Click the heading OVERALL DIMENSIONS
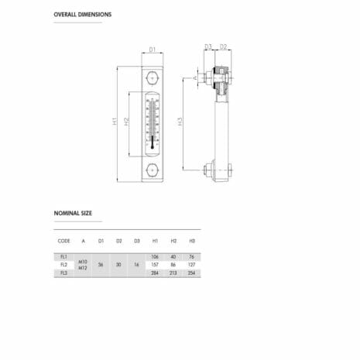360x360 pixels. click(83, 15)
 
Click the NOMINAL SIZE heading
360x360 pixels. click(73, 212)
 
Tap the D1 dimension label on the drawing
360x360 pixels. click(153, 50)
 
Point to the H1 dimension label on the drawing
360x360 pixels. click(115, 121)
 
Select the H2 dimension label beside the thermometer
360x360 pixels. click(128, 122)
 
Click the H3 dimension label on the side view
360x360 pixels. click(180, 122)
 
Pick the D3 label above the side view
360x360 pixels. click(208, 46)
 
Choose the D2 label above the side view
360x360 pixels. click(223, 46)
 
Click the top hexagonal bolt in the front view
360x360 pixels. click(153, 79)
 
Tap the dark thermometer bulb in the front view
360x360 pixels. click(153, 142)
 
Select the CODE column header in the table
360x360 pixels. click(63, 242)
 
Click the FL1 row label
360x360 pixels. click(63, 256)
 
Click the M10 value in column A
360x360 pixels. click(83, 261)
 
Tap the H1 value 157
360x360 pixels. click(155, 265)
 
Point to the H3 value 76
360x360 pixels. click(192, 256)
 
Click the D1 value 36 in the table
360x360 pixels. click(101, 265)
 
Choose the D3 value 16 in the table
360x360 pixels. click(137, 265)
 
